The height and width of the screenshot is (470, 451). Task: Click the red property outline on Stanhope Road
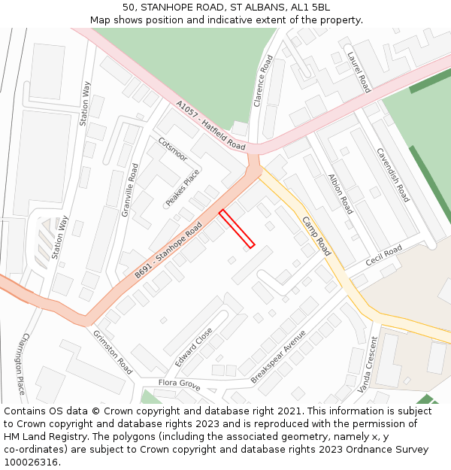click(237, 229)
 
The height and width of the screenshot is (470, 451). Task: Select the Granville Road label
click(130, 190)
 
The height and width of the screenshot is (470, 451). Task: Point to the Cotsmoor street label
click(172, 148)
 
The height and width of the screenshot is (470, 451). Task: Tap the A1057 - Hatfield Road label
click(210, 124)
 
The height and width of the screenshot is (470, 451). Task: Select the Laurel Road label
click(359, 71)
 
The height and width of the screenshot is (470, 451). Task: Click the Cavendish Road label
click(392, 174)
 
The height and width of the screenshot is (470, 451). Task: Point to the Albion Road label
click(340, 194)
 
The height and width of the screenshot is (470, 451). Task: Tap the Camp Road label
click(316, 236)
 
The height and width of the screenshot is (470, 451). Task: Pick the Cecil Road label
click(384, 256)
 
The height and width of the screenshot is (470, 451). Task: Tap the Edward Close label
click(194, 347)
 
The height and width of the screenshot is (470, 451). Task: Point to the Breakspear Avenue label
click(278, 356)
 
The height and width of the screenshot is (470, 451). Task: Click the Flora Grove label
click(179, 384)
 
